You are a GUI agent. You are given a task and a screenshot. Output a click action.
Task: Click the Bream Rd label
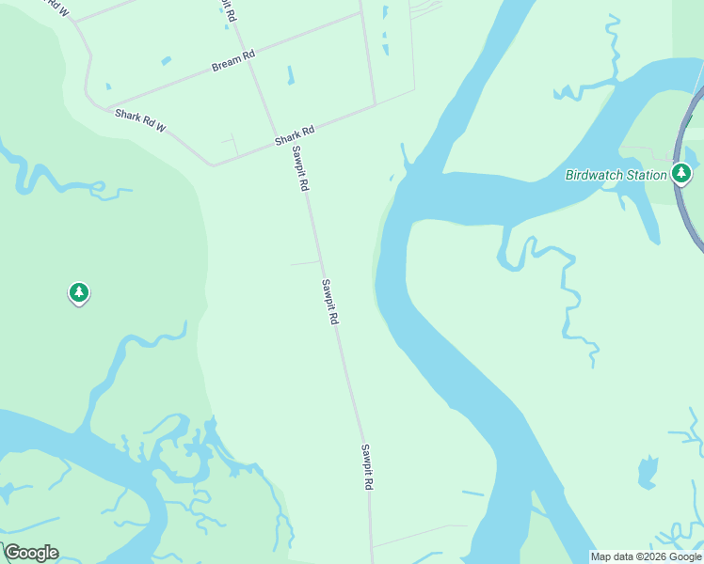click(233, 62)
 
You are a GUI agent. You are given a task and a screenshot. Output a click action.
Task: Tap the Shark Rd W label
click(140, 119)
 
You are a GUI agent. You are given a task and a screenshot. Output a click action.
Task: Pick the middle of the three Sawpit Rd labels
click(328, 302)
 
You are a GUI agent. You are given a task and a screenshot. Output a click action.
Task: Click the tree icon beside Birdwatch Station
click(681, 173)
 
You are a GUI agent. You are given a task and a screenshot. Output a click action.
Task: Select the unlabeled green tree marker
click(79, 293)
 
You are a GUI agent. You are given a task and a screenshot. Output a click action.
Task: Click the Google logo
click(31, 553)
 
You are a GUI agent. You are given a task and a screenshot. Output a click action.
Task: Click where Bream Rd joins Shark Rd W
click(106, 106)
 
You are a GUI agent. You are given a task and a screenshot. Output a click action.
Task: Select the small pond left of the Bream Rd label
click(167, 61)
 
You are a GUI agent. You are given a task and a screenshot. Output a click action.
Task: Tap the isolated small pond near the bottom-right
click(648, 472)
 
